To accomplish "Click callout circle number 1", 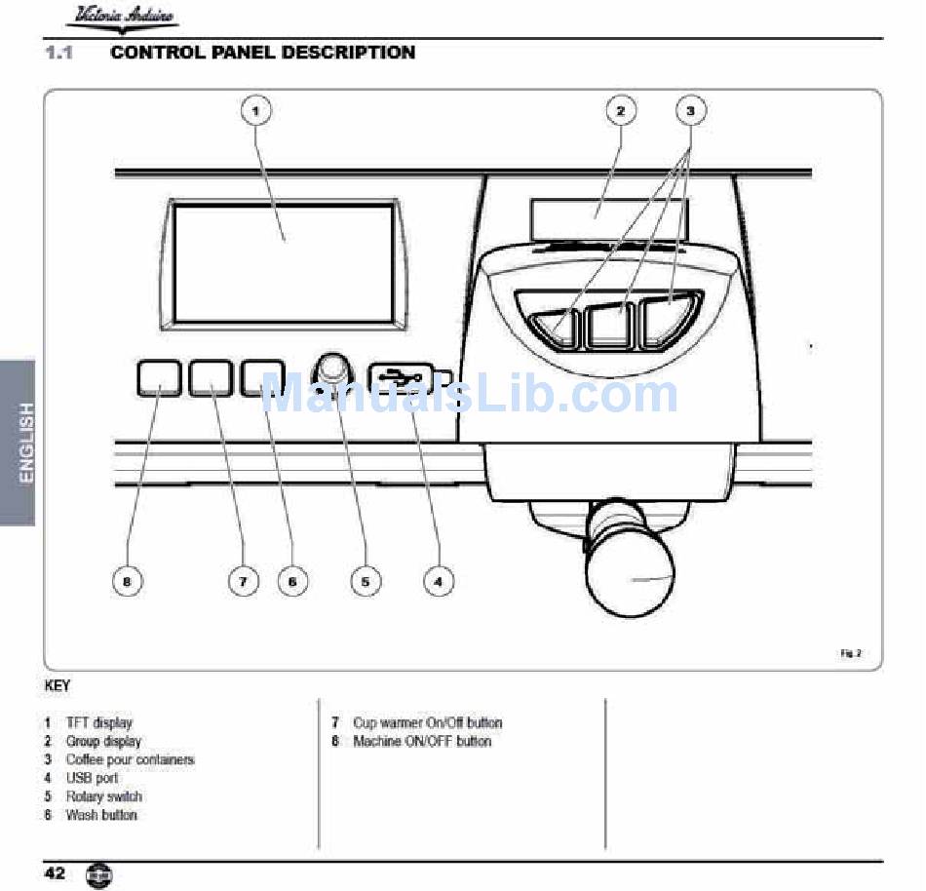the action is coord(256,110).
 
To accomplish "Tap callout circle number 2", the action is coord(621,110).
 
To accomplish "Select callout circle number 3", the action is coord(690,110).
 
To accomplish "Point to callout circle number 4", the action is coord(439,582).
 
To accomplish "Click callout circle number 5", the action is coord(366,582).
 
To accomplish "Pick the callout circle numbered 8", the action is coord(127,582).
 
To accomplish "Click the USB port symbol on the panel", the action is coord(402,376).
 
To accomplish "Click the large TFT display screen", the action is coord(284,263).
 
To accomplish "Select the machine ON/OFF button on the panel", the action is coord(159,378).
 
